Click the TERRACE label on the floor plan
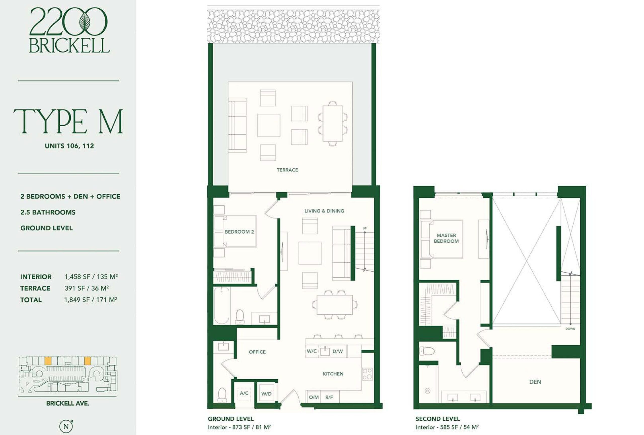287,170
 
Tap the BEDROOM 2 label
239,232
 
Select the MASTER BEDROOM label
446,238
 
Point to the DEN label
535,382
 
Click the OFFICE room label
257,352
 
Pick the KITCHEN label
333,374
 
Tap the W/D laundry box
266,393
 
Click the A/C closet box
244,393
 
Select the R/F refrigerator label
329,397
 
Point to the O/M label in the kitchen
313,397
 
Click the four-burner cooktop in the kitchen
367,374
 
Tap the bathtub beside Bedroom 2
221,306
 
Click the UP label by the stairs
365,228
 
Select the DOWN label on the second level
570,329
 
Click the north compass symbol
66,426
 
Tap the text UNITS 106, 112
69,146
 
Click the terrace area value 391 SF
75,288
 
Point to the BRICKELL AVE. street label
68,403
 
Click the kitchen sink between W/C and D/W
325,351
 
